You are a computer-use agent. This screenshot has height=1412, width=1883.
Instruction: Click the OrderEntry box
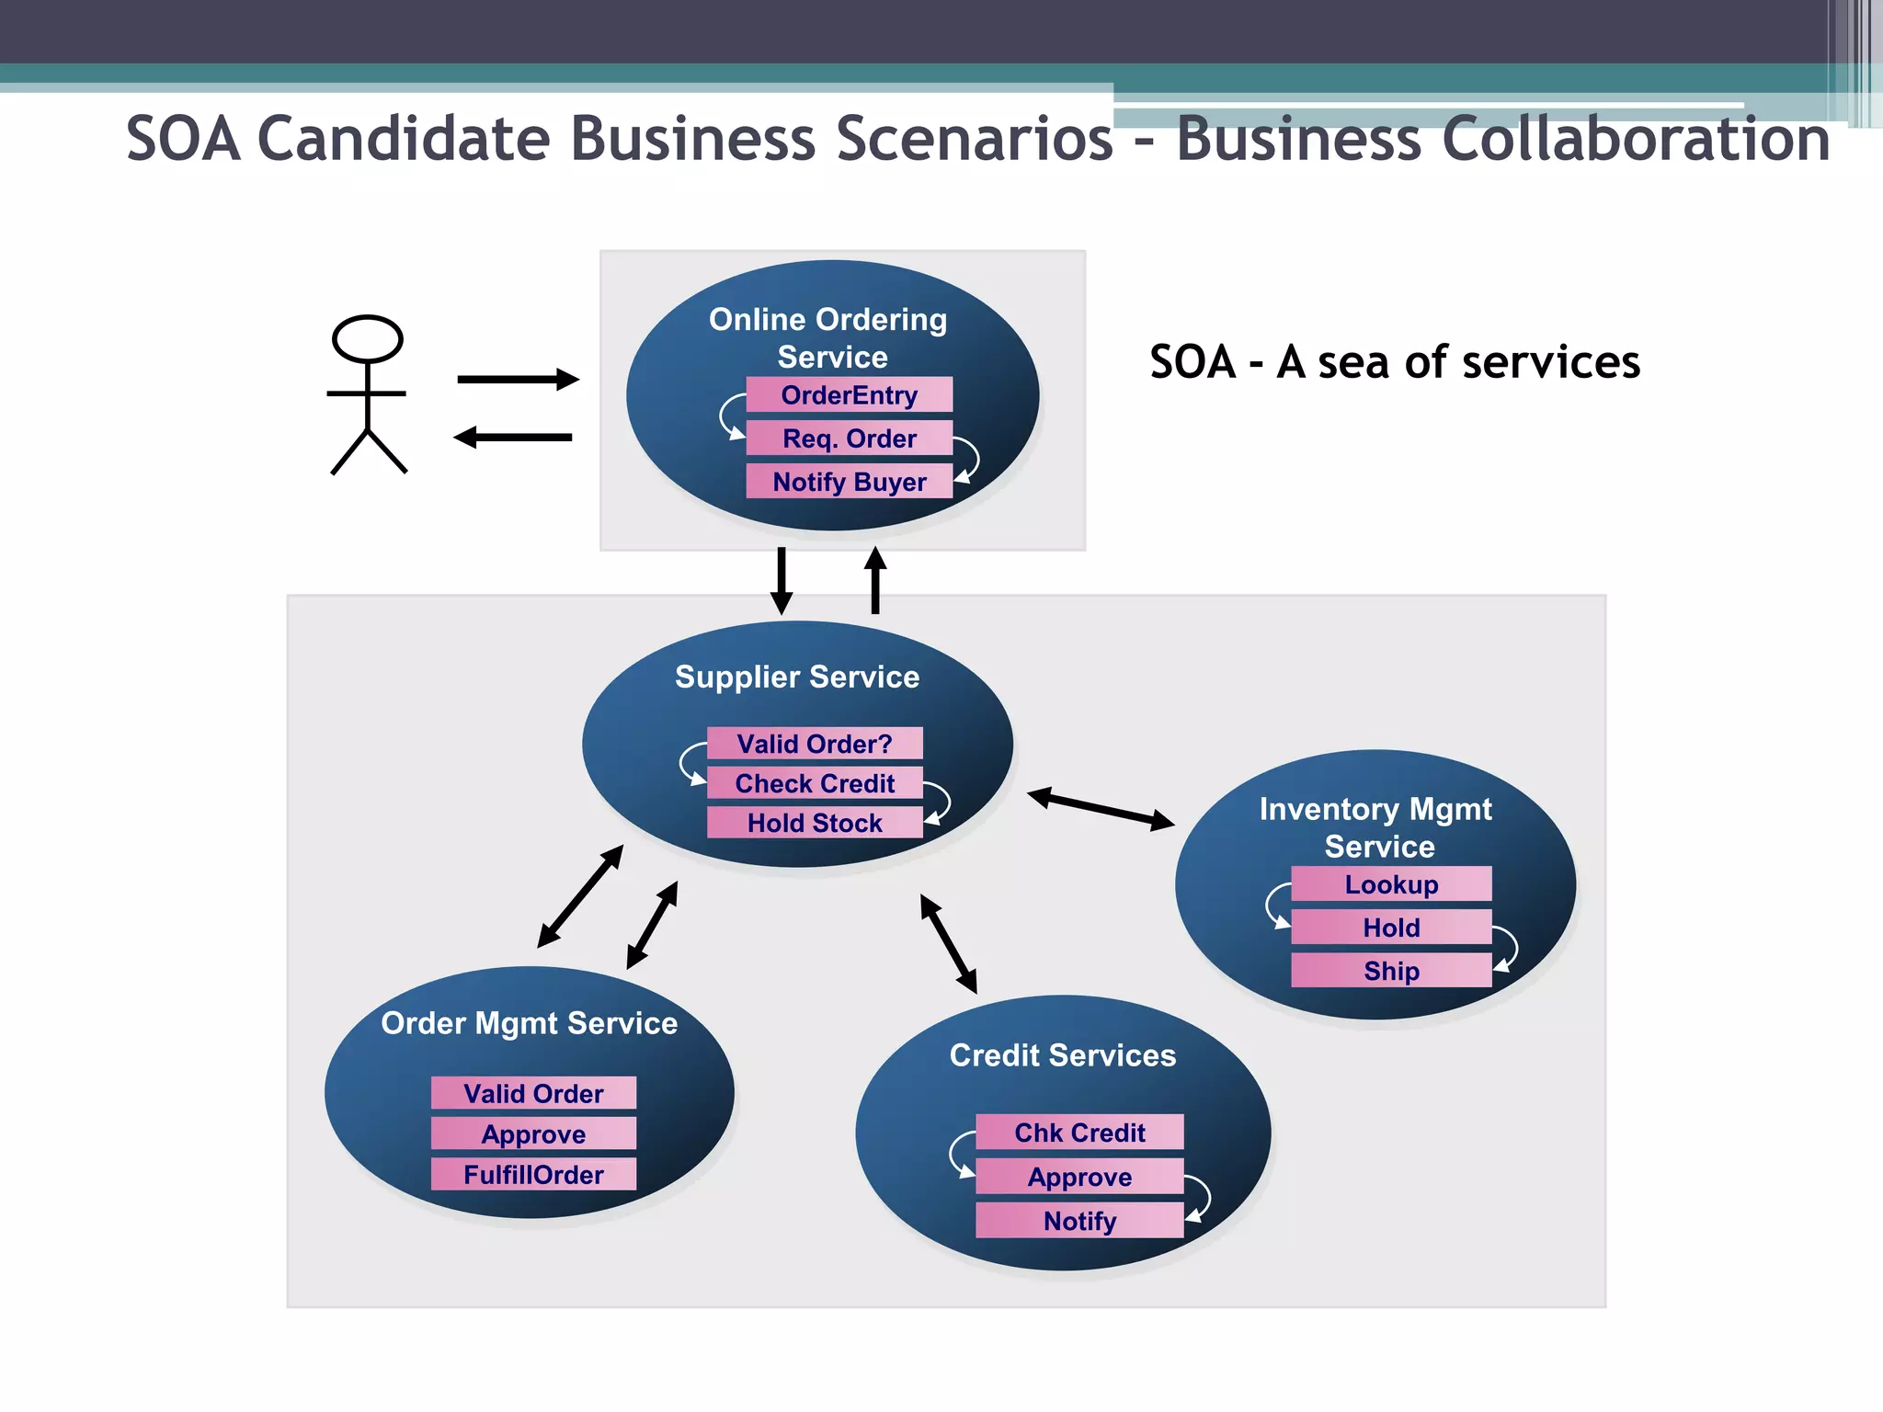849,395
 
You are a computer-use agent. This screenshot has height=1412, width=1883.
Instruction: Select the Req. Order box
849,438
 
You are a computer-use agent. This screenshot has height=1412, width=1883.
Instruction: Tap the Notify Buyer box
849,482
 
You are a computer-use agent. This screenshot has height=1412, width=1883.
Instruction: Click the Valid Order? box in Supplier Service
815,744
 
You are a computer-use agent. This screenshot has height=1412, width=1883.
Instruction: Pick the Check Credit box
815,783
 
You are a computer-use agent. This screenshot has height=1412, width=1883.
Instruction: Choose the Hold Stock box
815,823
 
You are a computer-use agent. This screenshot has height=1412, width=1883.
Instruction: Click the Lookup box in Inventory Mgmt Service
1391,884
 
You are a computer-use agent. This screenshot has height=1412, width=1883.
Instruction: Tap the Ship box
1391,971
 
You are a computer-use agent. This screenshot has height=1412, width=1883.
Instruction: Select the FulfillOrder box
533,1175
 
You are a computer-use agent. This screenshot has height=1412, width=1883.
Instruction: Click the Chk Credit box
1079,1133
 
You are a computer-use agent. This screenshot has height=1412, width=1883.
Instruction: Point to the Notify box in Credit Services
1079,1221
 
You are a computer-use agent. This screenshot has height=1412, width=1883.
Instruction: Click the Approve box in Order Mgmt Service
533,1134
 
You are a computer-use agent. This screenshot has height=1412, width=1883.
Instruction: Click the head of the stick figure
367,338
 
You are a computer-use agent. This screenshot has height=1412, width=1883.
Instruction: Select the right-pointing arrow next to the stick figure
518,379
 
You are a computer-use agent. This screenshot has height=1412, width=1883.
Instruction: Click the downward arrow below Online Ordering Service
782,580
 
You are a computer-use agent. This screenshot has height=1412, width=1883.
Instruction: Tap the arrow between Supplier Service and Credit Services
949,944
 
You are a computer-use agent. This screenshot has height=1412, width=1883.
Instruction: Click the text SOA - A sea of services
1394,362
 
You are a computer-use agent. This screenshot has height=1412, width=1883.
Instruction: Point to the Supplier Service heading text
797,678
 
